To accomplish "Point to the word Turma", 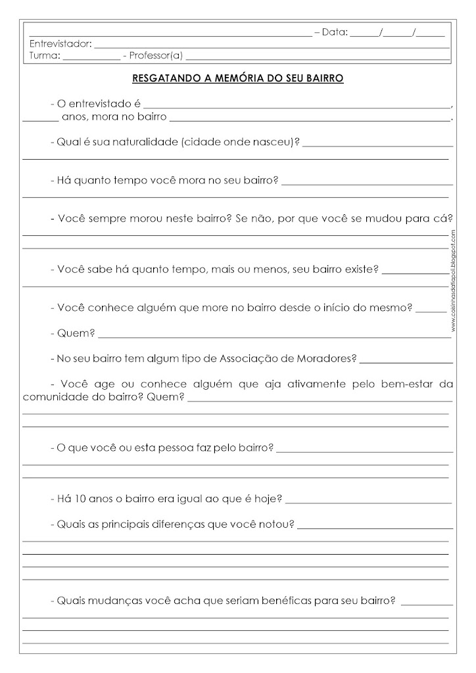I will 44,55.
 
